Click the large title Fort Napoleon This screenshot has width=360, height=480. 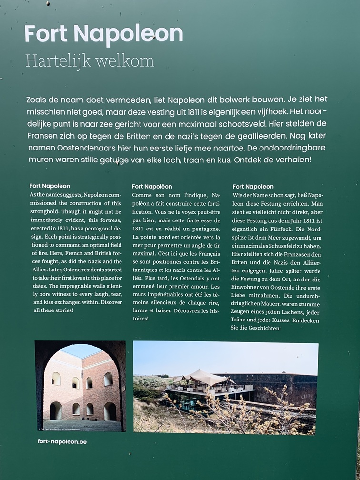coord(104,34)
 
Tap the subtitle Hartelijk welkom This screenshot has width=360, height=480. coord(90,61)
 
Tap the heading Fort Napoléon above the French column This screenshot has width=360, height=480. coord(152,186)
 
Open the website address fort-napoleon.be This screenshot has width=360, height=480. coord(62,441)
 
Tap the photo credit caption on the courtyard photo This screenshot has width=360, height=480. coord(59,429)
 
